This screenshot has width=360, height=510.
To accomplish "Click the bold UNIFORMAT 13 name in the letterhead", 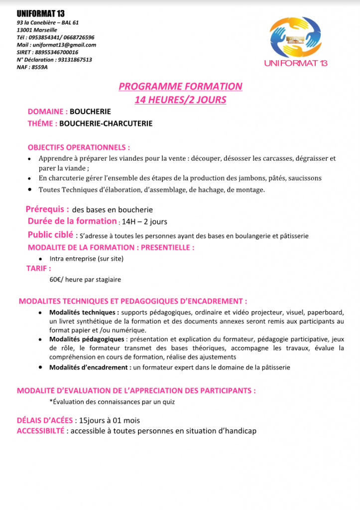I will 40,14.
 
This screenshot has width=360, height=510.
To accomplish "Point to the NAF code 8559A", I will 39,67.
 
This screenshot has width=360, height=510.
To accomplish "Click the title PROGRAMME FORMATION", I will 180,87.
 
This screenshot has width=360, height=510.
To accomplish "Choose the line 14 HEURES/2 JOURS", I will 180,100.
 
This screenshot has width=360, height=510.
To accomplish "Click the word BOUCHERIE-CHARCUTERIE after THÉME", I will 106,124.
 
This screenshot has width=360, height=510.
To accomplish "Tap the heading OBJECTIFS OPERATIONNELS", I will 79,148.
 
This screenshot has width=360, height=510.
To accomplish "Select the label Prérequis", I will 47,210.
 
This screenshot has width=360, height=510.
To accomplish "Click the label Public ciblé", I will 50,235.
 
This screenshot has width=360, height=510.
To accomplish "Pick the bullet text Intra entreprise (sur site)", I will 86,259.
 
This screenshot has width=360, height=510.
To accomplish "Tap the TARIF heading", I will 38,268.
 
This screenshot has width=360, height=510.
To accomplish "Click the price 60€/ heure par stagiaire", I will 85,280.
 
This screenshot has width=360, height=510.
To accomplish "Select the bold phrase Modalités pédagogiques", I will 87,339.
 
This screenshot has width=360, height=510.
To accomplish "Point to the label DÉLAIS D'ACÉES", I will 45,420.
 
